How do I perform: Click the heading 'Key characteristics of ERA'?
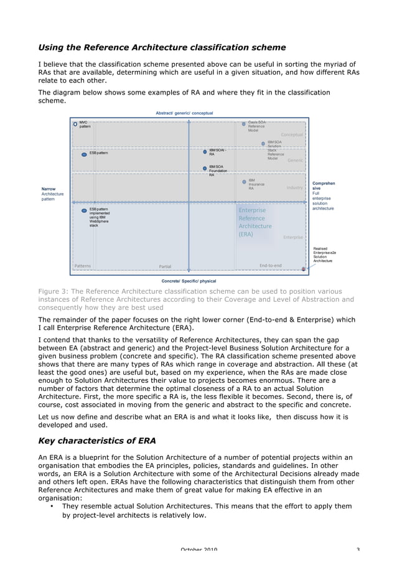pos(97,441)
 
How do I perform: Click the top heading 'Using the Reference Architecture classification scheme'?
pos(162,47)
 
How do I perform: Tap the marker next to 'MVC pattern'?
pos(75,124)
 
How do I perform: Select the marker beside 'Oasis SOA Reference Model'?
pos(243,124)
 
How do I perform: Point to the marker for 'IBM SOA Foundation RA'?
pos(205,168)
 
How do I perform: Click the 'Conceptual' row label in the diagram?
pos(291,134)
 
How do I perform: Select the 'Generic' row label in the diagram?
pos(295,161)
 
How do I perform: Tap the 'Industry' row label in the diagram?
pos(294,187)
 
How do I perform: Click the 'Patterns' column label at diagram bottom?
pos(82,266)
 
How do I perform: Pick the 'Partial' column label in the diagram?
pos(165,266)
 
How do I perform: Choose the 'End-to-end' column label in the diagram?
pos(270,266)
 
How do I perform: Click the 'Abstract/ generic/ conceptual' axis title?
pos(184,113)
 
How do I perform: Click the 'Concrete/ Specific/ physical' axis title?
pos(189,281)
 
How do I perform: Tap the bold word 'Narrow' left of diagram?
pos(49,189)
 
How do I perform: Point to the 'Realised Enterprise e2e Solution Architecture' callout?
pos(322,254)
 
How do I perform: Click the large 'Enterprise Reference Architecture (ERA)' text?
pos(255,222)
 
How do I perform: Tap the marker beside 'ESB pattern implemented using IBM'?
pos(84,211)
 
